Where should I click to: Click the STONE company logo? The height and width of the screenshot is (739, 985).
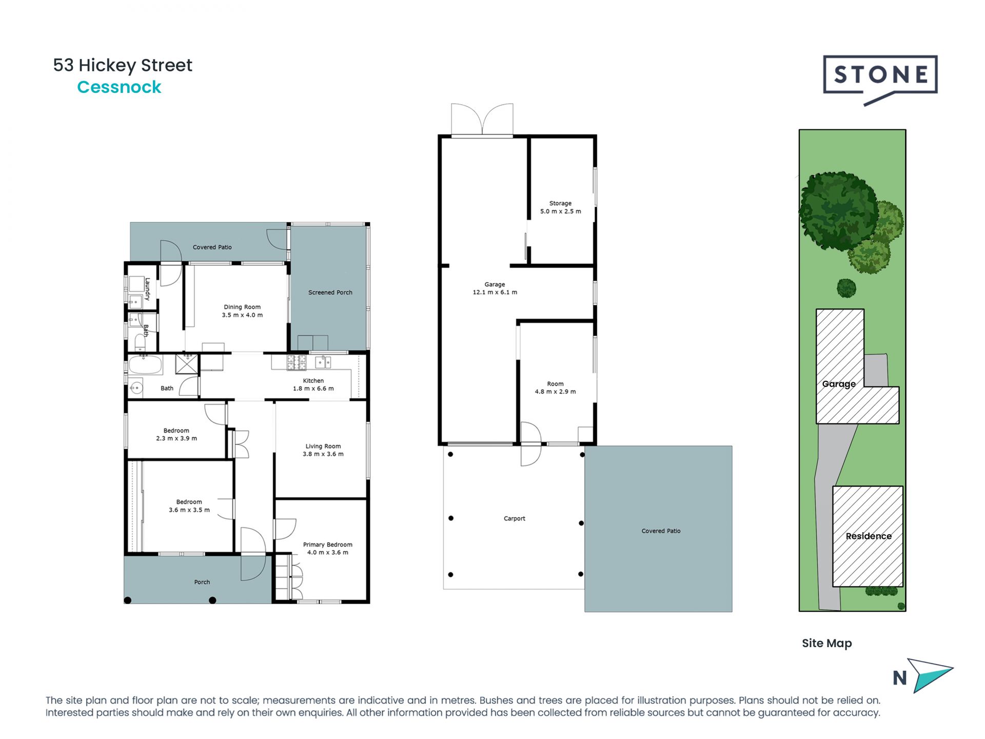pos(880,76)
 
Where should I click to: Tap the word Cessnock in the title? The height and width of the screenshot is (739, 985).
pos(119,87)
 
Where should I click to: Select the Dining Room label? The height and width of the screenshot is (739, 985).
pos(242,307)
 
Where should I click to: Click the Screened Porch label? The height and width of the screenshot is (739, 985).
pos(330,293)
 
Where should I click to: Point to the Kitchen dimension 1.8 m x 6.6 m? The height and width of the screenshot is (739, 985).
pos(313,388)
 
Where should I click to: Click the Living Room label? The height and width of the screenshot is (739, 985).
pos(323,446)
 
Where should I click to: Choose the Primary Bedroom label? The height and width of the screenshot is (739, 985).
pos(327,544)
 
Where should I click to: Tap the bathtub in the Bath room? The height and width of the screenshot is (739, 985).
pos(145,365)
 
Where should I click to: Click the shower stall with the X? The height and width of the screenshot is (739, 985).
pos(187,363)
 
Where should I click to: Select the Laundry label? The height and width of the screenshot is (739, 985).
pos(147,289)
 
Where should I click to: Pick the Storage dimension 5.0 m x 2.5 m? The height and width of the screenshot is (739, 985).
pos(560,211)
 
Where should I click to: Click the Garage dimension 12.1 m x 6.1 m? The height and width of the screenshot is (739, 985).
pos(495,293)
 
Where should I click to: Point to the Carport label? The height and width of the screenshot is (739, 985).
pos(514,518)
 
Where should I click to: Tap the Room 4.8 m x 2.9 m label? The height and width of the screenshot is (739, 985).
pos(555,387)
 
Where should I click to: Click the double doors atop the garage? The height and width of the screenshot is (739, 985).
pos(482,120)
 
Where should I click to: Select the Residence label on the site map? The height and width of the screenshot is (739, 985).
pos(868,536)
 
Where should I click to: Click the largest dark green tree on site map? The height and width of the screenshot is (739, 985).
pos(838,210)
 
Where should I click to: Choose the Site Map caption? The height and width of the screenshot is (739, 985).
pos(826,643)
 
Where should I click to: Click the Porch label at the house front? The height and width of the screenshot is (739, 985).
pos(202,582)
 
